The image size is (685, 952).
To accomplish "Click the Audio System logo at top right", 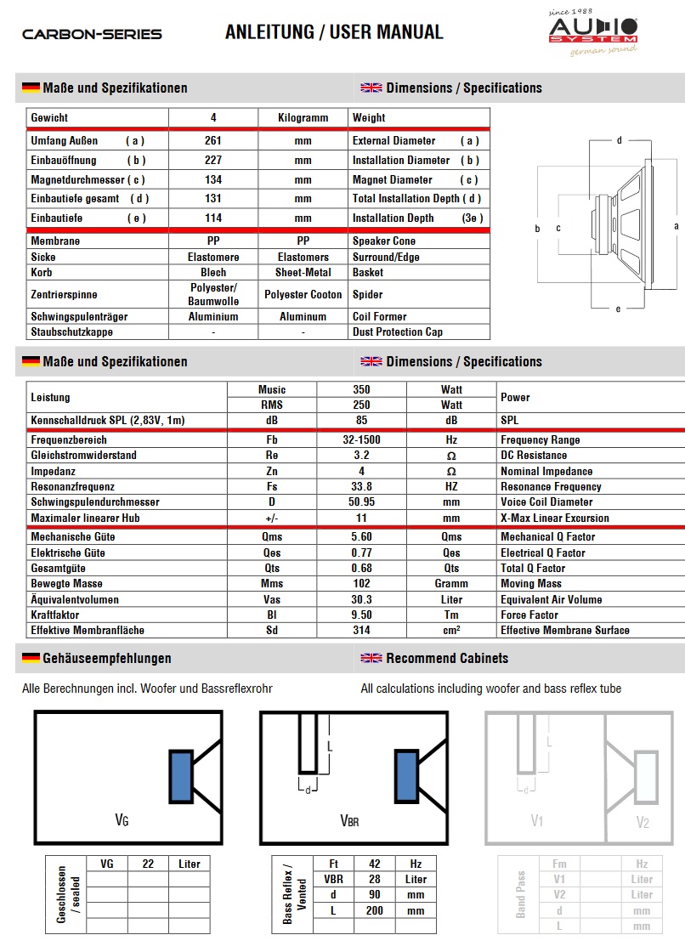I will click(592, 32).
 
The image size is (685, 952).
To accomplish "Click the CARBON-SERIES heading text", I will click(92, 35).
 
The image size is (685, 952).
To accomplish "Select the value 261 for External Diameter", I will click(213, 141).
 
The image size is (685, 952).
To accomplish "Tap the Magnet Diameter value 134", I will click(213, 180).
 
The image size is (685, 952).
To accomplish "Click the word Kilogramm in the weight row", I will click(303, 118).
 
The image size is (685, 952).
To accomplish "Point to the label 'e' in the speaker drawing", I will click(618, 309).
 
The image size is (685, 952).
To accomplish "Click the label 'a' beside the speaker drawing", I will click(677, 226).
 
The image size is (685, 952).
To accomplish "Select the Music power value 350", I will click(361, 390).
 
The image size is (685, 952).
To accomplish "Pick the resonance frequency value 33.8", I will click(361, 487).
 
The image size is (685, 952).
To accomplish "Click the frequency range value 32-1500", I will click(361, 440).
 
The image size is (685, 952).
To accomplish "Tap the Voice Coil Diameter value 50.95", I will click(361, 502).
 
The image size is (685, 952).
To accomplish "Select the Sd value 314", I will click(361, 631).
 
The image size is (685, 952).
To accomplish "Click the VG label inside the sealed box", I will click(122, 821).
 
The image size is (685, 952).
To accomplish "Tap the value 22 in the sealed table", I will click(148, 864).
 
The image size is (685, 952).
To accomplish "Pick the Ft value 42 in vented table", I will click(375, 864).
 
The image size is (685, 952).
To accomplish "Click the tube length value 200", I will click(375, 910).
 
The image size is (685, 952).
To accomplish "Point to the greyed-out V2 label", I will click(643, 822).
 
